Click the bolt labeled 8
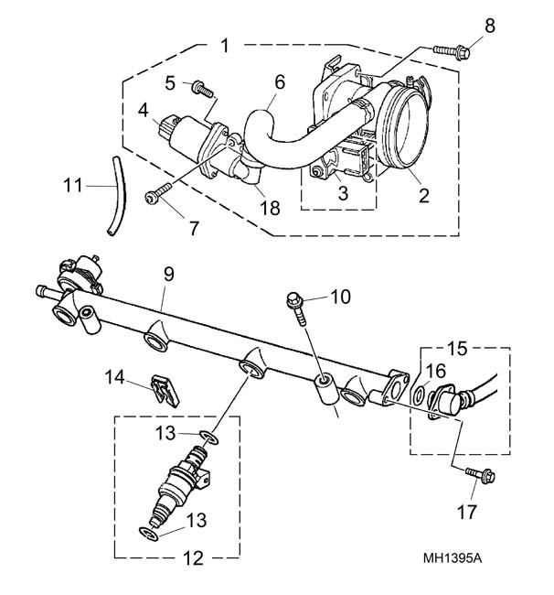click(452, 51)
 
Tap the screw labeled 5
click(202, 90)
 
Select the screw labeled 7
click(158, 193)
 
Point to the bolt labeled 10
click(296, 308)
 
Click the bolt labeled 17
click(481, 475)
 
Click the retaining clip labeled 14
click(165, 391)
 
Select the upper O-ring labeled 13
click(209, 438)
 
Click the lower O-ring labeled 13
click(148, 534)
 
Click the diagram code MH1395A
click(453, 558)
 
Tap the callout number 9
click(168, 274)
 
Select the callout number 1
click(225, 46)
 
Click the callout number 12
click(193, 558)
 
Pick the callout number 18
click(270, 208)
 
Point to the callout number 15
click(457, 349)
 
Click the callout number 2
click(423, 195)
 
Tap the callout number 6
click(280, 82)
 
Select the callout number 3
click(343, 193)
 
